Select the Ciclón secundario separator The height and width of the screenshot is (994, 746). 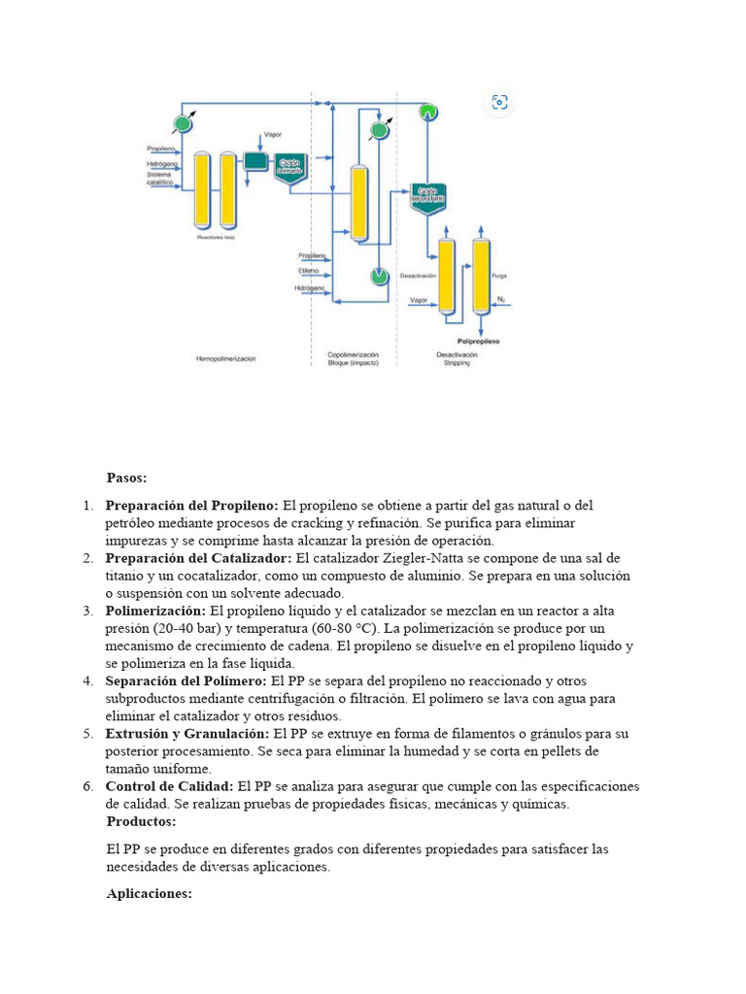coord(427,196)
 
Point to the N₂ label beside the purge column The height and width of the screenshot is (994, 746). coord(501,299)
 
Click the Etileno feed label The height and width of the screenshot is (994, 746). coord(310,272)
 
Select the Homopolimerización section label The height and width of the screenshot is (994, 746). coord(225,358)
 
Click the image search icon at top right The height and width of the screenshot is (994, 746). coord(500,102)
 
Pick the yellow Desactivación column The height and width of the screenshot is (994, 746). coord(447,276)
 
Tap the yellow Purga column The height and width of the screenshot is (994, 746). coord(481,276)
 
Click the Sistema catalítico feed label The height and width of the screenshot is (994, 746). coord(159,179)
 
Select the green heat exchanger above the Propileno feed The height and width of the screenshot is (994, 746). coord(181,123)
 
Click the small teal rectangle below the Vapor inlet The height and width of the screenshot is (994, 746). coord(255,161)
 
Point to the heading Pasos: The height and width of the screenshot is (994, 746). coord(126,478)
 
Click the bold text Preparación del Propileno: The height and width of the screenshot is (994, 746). coord(191,506)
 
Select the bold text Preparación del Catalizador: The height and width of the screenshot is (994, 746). coord(198,558)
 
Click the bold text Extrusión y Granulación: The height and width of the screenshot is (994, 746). coord(187,733)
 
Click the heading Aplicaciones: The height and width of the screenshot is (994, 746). coord(149,894)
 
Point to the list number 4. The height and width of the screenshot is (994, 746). coord(87,680)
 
